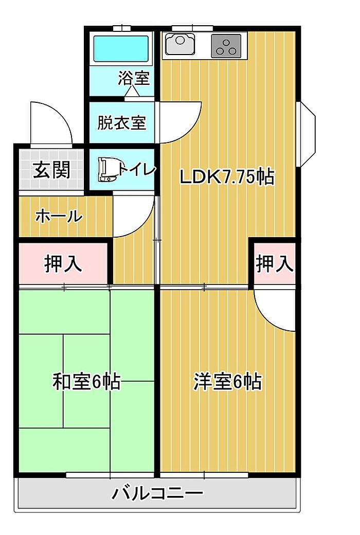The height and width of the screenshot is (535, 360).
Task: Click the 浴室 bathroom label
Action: (x=134, y=79)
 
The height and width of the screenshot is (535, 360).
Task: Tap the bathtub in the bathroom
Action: (x=120, y=48)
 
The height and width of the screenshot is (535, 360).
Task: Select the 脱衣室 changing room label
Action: (x=122, y=123)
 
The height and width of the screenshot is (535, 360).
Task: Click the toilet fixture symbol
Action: (x=108, y=170)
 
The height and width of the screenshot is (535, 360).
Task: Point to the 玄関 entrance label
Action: (x=51, y=169)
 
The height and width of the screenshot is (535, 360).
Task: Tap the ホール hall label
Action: (x=59, y=217)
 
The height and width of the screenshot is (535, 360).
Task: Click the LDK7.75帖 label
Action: (x=226, y=177)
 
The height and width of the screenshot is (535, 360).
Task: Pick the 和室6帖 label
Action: (x=87, y=382)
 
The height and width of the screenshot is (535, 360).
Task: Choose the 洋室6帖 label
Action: (x=227, y=382)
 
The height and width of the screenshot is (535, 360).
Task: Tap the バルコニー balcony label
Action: (x=157, y=494)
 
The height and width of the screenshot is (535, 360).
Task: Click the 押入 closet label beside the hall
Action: (x=63, y=264)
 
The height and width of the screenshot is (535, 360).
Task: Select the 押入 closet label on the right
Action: (x=275, y=264)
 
